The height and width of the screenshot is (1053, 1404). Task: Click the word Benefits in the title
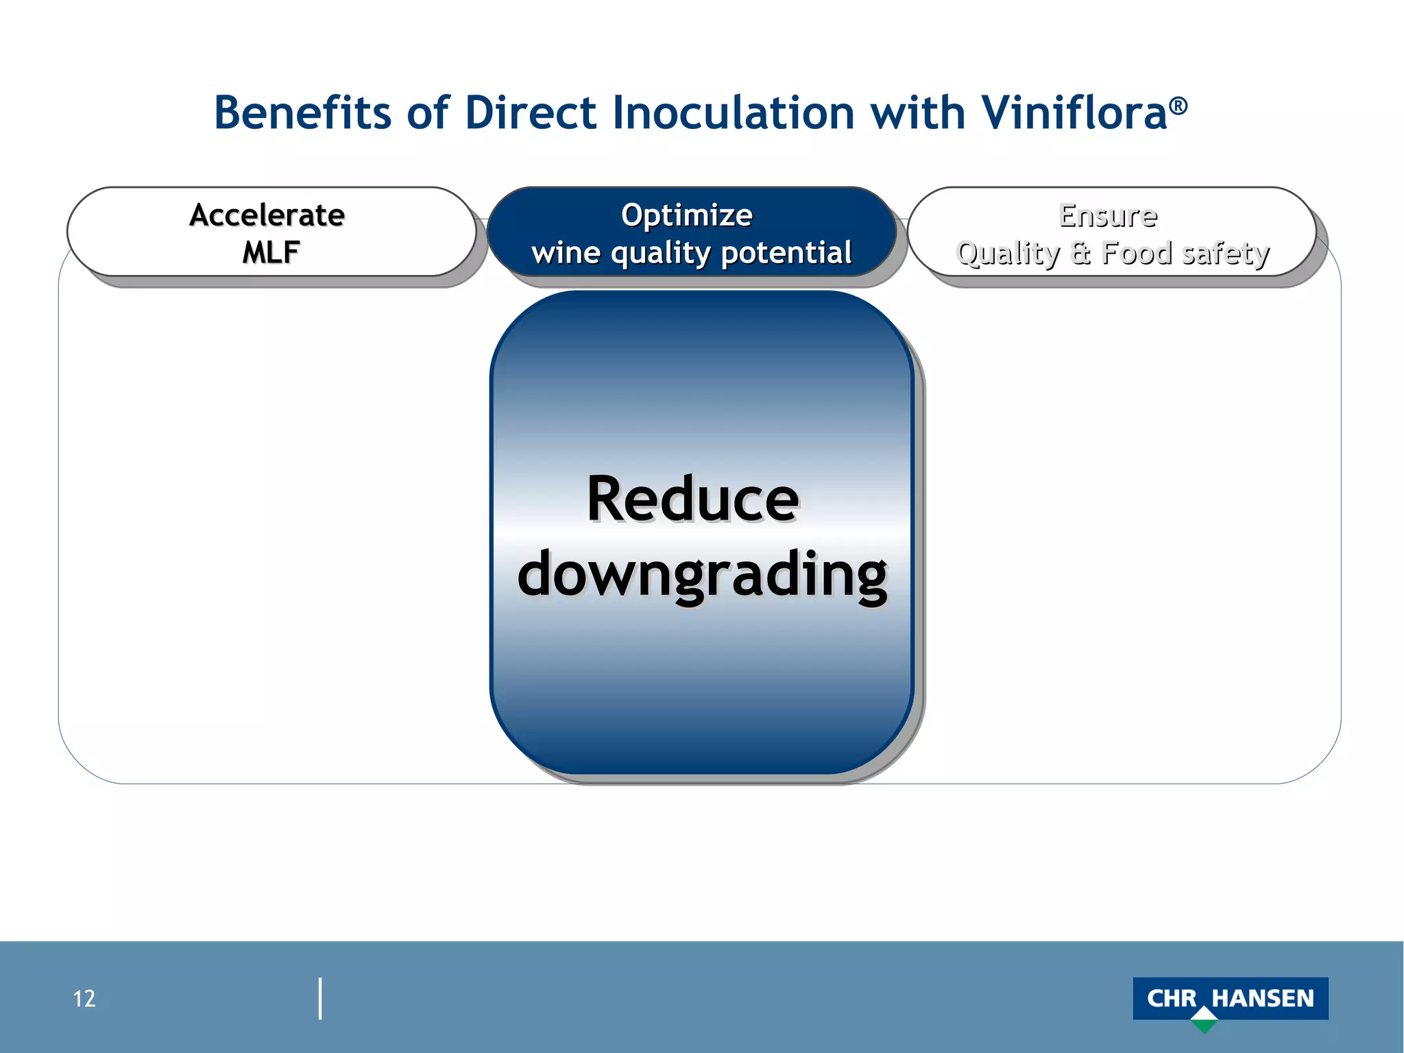click(x=302, y=113)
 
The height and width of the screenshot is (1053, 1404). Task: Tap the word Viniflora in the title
click(x=1074, y=113)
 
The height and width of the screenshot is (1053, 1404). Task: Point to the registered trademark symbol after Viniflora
click(x=1178, y=106)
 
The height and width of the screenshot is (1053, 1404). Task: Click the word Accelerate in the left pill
click(x=267, y=215)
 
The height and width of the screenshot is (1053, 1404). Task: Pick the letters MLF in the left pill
click(x=270, y=252)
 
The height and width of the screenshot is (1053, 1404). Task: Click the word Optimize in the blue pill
click(x=686, y=215)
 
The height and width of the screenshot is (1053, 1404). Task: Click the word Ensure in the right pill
click(x=1108, y=215)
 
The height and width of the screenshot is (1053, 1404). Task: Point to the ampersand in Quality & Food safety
click(x=1080, y=253)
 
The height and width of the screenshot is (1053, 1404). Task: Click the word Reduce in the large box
click(x=692, y=499)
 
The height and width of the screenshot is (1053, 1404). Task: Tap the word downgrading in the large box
click(x=702, y=574)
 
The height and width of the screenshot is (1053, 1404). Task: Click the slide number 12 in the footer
click(x=84, y=999)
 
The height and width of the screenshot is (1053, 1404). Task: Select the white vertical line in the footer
click(x=320, y=999)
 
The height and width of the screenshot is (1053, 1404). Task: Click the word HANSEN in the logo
click(x=1262, y=998)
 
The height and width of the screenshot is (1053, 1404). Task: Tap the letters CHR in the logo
click(x=1172, y=998)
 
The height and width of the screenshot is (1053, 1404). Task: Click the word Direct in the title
click(x=530, y=113)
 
